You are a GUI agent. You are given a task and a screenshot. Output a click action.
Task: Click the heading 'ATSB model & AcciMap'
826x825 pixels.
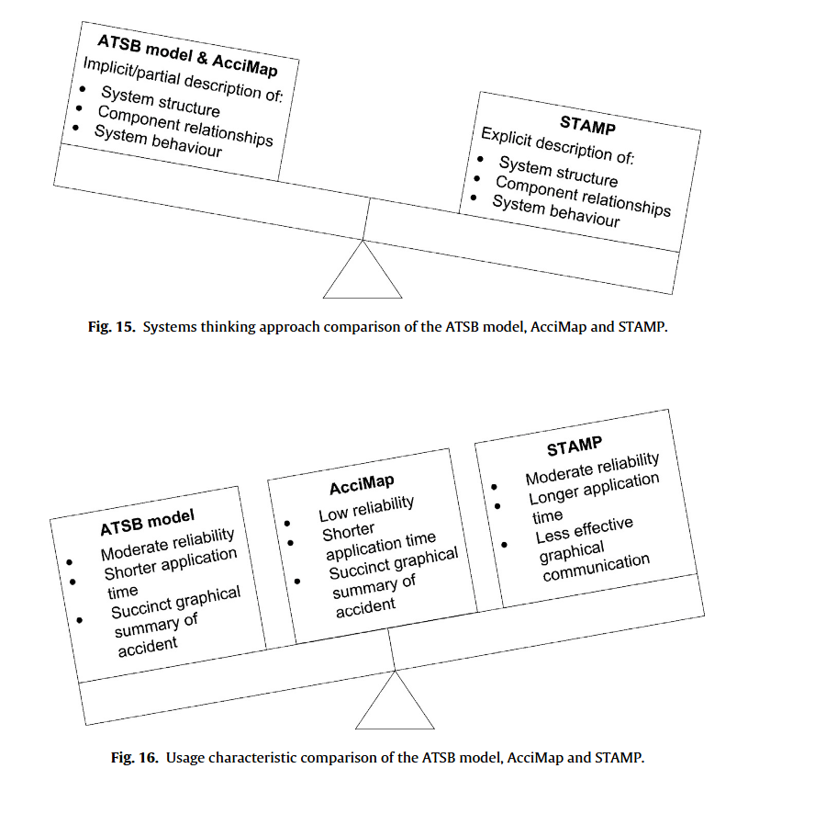(x=187, y=56)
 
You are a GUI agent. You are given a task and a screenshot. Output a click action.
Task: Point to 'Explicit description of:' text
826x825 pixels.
(x=558, y=146)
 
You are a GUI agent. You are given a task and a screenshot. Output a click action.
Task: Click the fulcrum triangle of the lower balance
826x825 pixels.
(x=395, y=704)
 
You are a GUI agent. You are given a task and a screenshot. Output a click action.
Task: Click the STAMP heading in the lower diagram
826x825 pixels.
(x=575, y=447)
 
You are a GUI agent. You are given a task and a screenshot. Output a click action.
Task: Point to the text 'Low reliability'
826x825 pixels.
(x=366, y=509)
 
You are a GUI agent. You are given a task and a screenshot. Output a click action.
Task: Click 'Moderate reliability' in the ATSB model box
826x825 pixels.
(x=167, y=545)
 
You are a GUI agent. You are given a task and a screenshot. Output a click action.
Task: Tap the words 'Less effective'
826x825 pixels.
(x=584, y=529)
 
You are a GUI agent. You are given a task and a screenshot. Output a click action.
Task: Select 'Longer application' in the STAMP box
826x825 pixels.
(x=594, y=490)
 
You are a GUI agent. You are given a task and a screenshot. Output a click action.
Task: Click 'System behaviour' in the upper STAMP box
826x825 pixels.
(x=555, y=212)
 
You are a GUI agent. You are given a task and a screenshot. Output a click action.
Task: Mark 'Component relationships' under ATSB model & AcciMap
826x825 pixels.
(x=184, y=126)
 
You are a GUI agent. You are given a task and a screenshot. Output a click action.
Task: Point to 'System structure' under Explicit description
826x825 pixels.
(x=558, y=172)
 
